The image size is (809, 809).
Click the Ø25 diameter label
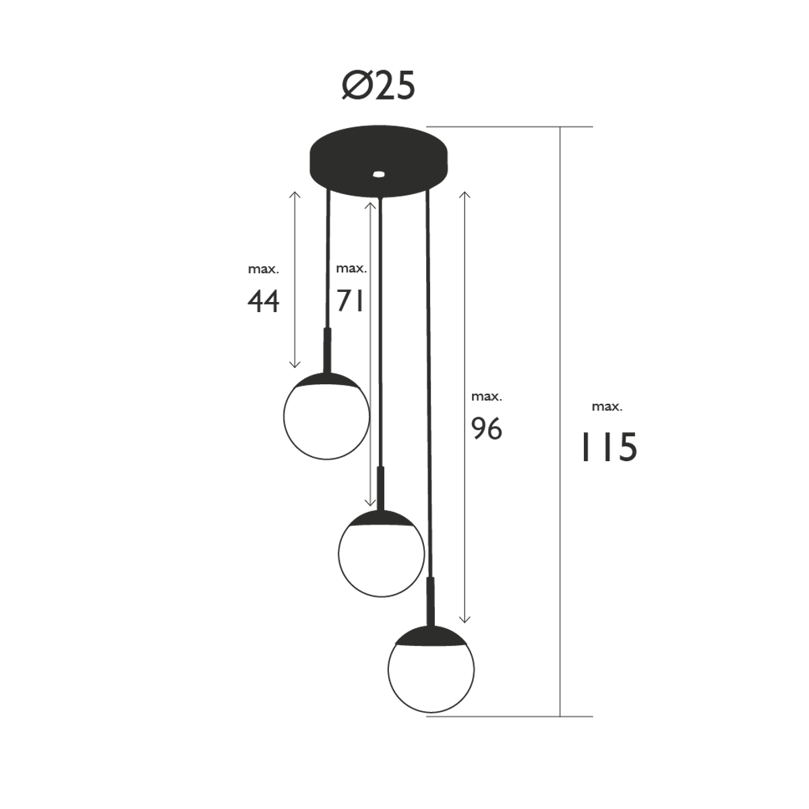point(378,86)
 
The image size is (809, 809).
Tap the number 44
point(263,302)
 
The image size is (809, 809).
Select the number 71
point(349,301)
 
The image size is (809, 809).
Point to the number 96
point(486,429)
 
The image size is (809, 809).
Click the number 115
point(609,448)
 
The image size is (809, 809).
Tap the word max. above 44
point(263,270)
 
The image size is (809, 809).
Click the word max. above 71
point(351,269)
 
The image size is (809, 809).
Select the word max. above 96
point(487,396)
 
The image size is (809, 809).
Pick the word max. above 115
point(607,407)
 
